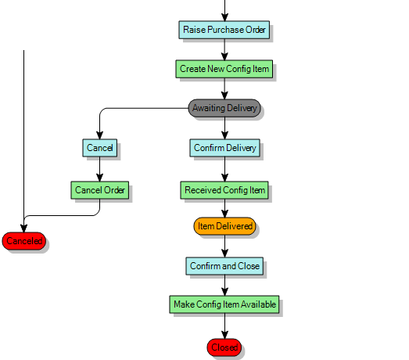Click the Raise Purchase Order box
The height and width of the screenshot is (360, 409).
point(224,30)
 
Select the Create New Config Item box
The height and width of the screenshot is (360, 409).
point(224,69)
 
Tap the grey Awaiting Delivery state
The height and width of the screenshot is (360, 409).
point(224,108)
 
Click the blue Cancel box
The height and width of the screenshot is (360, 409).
point(99,147)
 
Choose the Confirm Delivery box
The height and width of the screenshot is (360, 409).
point(224,147)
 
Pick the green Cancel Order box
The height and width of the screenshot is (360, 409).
point(99,189)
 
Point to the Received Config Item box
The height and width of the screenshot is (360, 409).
point(224,189)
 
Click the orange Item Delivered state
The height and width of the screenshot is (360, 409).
point(224,226)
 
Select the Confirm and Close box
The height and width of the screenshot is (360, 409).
point(224,266)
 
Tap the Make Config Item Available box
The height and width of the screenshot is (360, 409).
point(224,304)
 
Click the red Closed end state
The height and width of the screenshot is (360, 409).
point(224,347)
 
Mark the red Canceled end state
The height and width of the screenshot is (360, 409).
point(23,241)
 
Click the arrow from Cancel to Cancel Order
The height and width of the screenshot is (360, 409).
point(99,168)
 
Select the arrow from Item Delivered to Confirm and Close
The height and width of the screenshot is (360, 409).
point(224,247)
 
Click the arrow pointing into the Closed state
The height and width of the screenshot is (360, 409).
point(224,326)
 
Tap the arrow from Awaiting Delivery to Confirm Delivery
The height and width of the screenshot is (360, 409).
point(224,128)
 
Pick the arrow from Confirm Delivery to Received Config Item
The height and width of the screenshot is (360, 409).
point(224,168)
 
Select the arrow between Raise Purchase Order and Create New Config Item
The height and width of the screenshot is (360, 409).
point(224,49)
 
